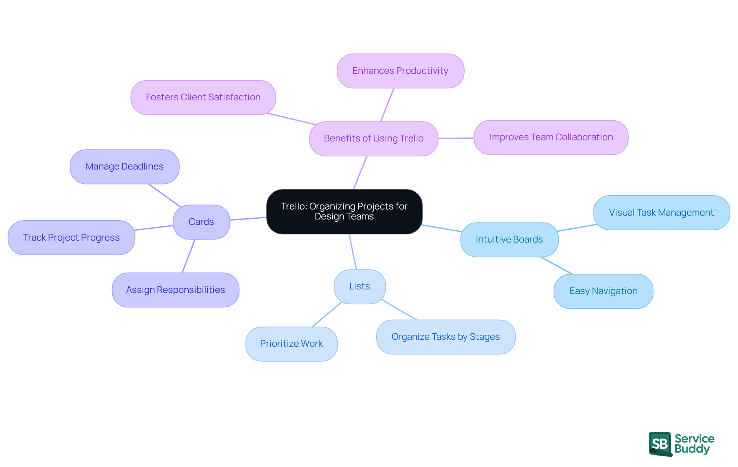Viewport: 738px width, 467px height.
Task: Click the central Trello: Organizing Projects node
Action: pyautogui.click(x=344, y=211)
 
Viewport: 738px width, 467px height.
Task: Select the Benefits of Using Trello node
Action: pyautogui.click(x=374, y=138)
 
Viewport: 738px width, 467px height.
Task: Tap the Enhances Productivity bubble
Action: pyautogui.click(x=400, y=71)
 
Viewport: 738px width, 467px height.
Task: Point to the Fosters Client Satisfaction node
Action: pyautogui.click(x=203, y=97)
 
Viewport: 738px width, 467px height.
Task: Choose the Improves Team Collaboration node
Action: pyautogui.click(x=551, y=137)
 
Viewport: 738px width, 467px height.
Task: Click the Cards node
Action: pyautogui.click(x=201, y=222)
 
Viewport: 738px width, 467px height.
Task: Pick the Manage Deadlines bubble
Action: pyautogui.click(x=124, y=166)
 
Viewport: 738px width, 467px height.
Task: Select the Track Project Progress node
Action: pyautogui.click(x=71, y=238)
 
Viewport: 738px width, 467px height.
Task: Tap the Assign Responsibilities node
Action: pyautogui.click(x=175, y=290)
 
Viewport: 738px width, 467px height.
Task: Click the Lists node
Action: pyautogui.click(x=359, y=286)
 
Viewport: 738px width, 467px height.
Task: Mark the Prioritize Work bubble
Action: pyautogui.click(x=291, y=344)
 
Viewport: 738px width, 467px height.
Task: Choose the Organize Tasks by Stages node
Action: pyautogui.click(x=445, y=337)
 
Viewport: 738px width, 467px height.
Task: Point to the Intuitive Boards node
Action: pyautogui.click(x=509, y=239)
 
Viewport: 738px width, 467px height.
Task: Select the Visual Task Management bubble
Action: pyautogui.click(x=661, y=213)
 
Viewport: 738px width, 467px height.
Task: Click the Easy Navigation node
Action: pyautogui.click(x=603, y=291)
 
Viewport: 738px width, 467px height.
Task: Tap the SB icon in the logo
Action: pyautogui.click(x=660, y=444)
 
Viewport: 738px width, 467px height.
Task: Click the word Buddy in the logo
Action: pyautogui.click(x=692, y=449)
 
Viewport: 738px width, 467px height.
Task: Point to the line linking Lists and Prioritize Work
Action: pyautogui.click(x=327, y=314)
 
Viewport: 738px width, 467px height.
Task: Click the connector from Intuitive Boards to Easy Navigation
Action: pyautogui.click(x=557, y=266)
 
